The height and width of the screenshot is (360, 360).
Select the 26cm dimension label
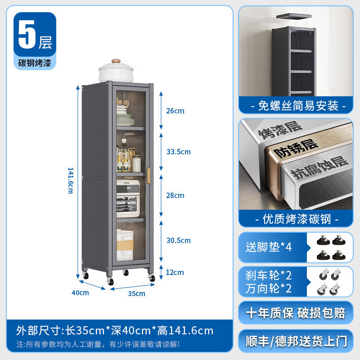[x=175, y=111]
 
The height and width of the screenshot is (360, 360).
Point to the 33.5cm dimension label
[x=178, y=152]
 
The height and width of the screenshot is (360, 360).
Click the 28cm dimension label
[x=175, y=195]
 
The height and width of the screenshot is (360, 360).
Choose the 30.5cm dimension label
[x=178, y=240]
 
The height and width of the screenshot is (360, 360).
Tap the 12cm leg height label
[x=175, y=272]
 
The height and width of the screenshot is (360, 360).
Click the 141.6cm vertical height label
[x=71, y=180]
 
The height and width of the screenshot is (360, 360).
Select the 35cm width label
[x=137, y=293]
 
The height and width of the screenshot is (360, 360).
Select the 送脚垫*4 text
[x=269, y=247]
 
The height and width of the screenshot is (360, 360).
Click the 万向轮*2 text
[x=269, y=288]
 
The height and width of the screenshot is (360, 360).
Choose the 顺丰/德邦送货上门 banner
[x=296, y=341]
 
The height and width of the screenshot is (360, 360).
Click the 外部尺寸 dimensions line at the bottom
[x=115, y=331]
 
